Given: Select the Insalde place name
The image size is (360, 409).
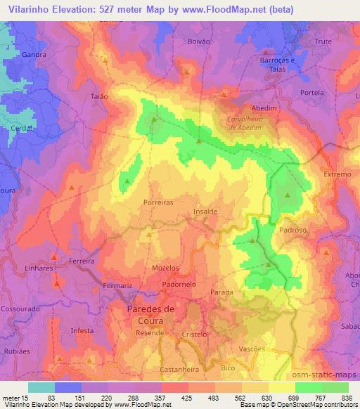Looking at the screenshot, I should coord(205,210).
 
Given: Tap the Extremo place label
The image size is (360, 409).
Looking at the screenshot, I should coord(337,174).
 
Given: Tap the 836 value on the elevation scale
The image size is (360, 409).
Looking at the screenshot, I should coord(347,398).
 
